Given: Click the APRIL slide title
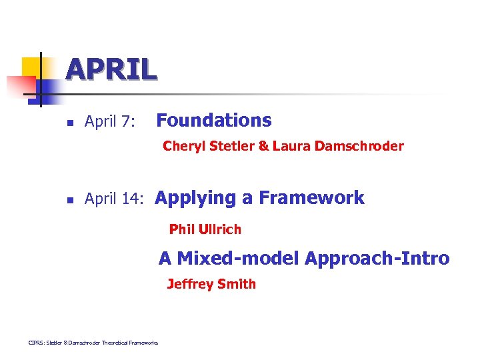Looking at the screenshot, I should (x=111, y=69).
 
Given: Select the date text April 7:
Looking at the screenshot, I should (x=110, y=122).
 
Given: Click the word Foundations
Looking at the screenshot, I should (x=213, y=121).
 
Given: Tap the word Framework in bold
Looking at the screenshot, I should (x=311, y=198).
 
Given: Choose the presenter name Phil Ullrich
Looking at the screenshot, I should (x=205, y=230).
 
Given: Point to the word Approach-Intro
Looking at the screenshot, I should (x=377, y=259).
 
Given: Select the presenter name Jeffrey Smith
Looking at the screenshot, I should (x=211, y=285).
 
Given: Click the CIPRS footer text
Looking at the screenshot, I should (x=93, y=343).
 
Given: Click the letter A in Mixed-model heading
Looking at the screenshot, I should (x=165, y=259).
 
